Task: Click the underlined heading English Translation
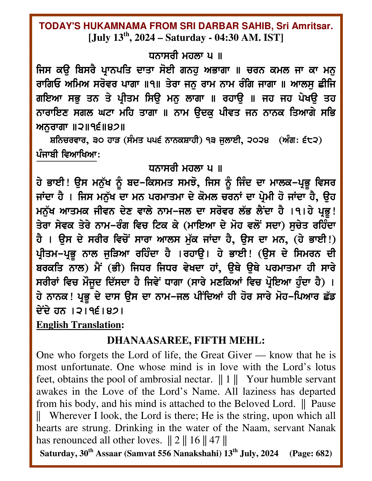(x=78, y=325)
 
